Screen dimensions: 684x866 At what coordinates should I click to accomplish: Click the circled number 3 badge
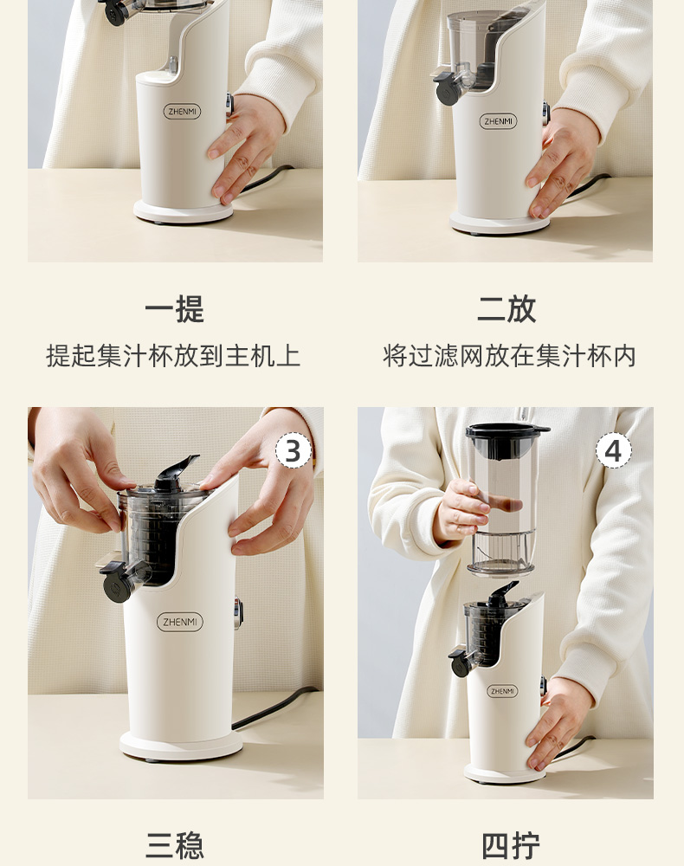(294, 451)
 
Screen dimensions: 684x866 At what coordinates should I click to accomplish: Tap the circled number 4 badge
(613, 450)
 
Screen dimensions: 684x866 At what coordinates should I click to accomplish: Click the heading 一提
(174, 309)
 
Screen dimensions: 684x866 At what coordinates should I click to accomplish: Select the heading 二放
(507, 309)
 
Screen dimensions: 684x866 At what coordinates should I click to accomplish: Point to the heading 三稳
(174, 845)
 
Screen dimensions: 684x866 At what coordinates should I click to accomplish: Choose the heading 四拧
(510, 845)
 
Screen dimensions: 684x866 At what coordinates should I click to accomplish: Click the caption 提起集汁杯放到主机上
(173, 356)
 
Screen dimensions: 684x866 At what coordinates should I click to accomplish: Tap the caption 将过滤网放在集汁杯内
(510, 356)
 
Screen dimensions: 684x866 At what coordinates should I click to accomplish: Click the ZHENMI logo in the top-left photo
(182, 112)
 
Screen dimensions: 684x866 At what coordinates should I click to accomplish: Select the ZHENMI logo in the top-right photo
(498, 121)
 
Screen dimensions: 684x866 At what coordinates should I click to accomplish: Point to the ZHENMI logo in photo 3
(180, 622)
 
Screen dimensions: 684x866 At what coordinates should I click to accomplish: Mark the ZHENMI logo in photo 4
(502, 691)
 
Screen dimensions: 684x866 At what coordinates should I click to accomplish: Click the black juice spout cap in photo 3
(117, 585)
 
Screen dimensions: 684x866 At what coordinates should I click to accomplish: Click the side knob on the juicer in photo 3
(238, 614)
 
